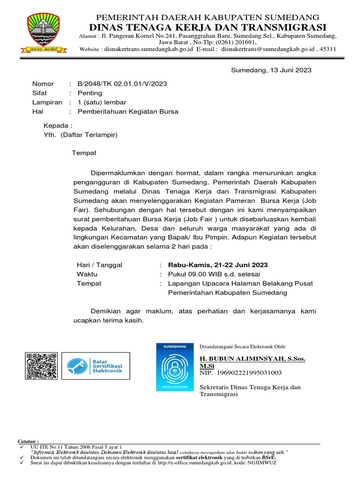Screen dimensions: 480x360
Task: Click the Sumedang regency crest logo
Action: pyautogui.click(x=43, y=32)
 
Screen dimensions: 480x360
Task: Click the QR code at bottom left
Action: pyautogui.click(x=42, y=366)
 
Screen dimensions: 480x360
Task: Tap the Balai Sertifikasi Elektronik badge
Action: pyautogui.click(x=96, y=366)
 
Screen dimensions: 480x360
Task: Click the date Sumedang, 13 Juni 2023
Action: pyautogui.click(x=271, y=70)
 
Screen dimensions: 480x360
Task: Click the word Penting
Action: pyautogui.click(x=90, y=93)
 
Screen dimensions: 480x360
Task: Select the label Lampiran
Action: pyautogui.click(x=47, y=103)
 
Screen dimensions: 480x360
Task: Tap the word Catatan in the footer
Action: pyautogui.click(x=28, y=442)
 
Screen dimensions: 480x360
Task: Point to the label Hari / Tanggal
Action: pyautogui.click(x=99, y=265)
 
